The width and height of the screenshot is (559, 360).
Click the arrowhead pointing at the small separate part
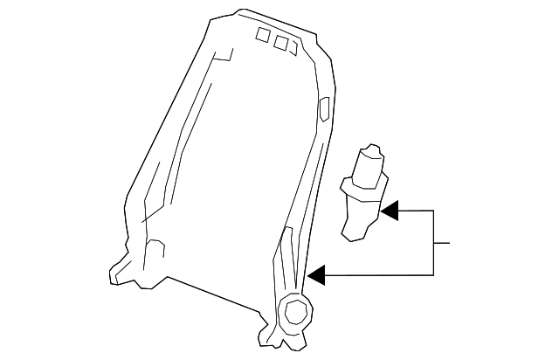tap(390, 211)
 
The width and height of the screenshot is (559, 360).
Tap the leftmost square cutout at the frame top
tap(263, 35)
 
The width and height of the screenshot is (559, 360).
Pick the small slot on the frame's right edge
tap(325, 109)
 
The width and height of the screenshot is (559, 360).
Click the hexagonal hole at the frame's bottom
tap(294, 311)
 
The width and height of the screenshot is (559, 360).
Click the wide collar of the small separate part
tap(361, 184)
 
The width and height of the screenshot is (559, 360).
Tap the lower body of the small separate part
tap(357, 217)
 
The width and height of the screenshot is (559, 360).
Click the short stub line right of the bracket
tap(442, 242)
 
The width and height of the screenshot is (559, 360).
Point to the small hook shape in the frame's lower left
tap(155, 247)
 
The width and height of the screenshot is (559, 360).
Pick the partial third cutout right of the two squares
tap(294, 47)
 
